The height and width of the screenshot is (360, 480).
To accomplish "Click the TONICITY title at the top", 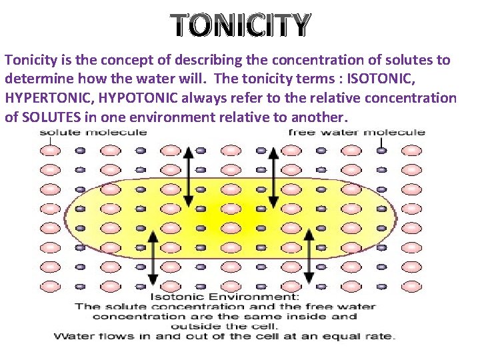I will click(240, 25).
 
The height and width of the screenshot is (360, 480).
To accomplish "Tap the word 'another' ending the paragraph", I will click(317, 118).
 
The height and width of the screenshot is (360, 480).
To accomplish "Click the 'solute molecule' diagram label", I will click(93, 132).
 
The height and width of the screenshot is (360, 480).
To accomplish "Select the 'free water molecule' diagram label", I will click(356, 132).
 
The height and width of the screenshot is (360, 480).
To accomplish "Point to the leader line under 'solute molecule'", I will click(50, 141).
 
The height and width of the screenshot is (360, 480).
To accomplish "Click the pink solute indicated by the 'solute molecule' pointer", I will click(50, 151).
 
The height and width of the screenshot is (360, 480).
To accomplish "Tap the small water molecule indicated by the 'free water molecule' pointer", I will click(381, 151).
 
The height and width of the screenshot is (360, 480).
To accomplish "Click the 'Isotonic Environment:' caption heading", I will click(225, 297).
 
